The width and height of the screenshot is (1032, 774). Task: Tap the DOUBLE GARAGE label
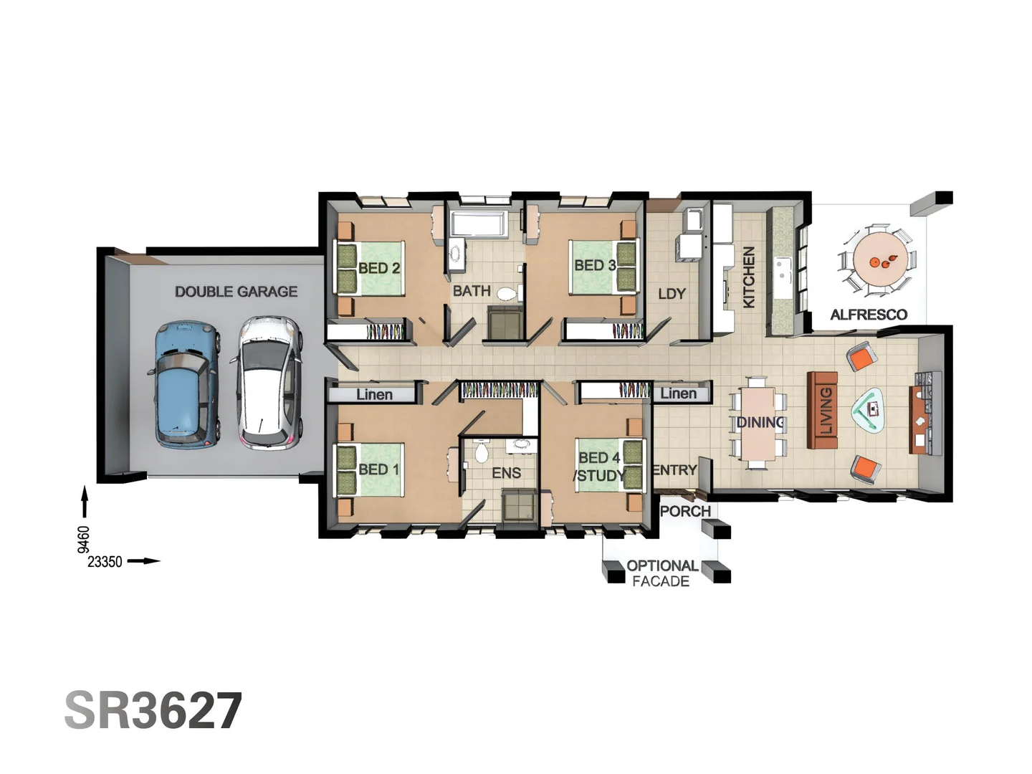tap(236, 292)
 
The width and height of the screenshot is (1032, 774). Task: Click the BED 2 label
tap(378, 269)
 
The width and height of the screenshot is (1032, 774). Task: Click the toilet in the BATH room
tap(507, 294)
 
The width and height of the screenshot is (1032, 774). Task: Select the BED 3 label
tap(595, 265)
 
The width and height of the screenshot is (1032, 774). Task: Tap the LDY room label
tap(672, 294)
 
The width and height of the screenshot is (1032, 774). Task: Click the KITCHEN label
tap(748, 277)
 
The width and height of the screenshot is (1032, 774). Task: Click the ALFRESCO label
tap(869, 315)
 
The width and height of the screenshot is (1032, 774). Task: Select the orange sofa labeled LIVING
tap(823, 410)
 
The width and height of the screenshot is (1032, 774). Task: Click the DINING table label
tap(760, 423)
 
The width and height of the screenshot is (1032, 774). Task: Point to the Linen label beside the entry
tap(678, 393)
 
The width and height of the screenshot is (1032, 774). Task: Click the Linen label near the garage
tap(374, 394)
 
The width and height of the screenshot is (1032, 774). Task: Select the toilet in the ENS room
tap(482, 452)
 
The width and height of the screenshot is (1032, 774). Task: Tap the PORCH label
tap(685, 511)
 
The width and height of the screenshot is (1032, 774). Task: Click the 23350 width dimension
tap(105, 562)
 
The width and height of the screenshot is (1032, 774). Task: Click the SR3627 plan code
tap(153, 711)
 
